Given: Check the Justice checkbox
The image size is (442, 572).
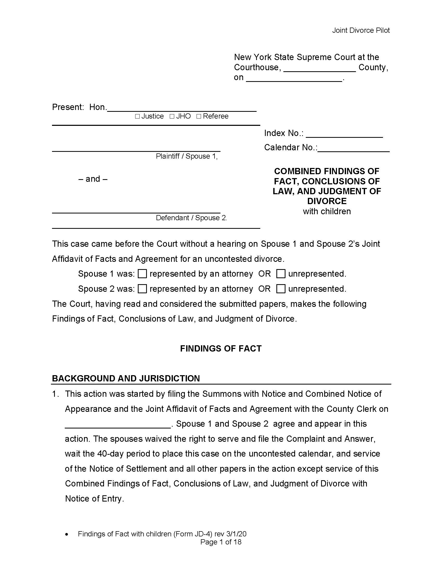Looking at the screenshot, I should (x=137, y=116).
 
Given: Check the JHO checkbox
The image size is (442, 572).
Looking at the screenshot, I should (x=172, y=116).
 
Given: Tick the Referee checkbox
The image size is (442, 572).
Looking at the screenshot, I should (x=199, y=116).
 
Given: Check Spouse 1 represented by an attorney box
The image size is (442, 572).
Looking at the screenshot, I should (x=142, y=274).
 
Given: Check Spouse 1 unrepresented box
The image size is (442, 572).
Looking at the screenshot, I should (x=281, y=274).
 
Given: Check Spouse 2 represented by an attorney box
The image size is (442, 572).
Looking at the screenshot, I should (x=142, y=289).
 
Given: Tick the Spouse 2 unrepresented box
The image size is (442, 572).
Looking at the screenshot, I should (x=281, y=289).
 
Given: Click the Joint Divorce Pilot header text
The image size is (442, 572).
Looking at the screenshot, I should (x=361, y=30).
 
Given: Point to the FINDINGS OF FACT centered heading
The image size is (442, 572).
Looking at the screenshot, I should (x=221, y=348).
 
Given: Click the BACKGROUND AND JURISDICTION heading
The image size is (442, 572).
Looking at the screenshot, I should (x=126, y=378).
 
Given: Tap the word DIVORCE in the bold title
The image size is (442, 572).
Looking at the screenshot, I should (x=327, y=201).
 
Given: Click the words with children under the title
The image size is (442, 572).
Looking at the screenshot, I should (x=327, y=211).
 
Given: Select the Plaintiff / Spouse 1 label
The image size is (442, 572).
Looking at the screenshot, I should (x=187, y=156).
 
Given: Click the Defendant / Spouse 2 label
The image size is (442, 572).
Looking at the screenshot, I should (x=191, y=218).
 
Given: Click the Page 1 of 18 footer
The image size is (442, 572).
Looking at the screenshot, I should (x=221, y=542).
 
